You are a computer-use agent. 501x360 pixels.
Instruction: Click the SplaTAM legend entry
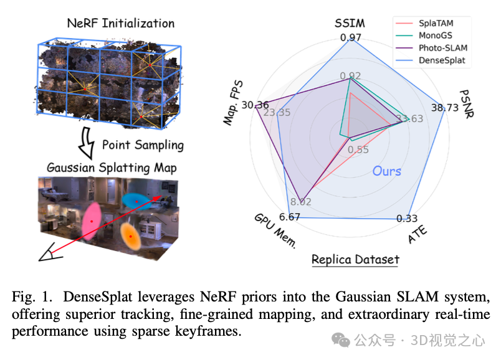(x=436, y=23)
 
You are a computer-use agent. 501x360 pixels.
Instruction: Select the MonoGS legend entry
(x=436, y=36)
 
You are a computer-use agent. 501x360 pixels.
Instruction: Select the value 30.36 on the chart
(x=255, y=104)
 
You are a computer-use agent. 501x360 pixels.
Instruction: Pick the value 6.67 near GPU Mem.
(x=290, y=217)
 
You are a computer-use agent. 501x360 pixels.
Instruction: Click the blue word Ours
(x=386, y=171)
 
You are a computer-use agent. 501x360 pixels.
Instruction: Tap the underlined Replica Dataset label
(x=355, y=259)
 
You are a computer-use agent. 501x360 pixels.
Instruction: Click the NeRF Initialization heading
(x=120, y=24)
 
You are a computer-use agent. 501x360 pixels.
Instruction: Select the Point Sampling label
(x=143, y=145)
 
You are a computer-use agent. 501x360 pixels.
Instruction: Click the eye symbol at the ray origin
(x=48, y=254)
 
